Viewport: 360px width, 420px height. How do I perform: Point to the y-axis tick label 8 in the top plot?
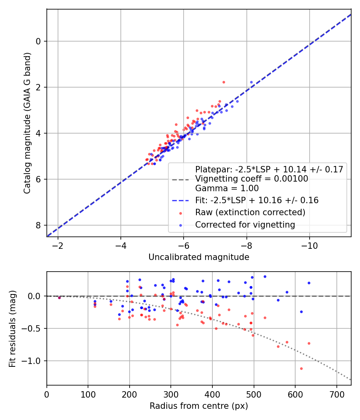[x=39, y=225]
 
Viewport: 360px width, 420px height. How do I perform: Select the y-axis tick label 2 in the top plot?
[x=39, y=87]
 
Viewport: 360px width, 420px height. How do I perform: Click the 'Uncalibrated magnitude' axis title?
[x=199, y=257]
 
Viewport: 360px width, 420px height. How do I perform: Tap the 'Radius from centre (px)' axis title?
[x=199, y=406]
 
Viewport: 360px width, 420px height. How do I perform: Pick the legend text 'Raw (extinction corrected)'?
[x=250, y=212]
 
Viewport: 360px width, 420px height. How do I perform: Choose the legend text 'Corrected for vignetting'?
[x=245, y=225]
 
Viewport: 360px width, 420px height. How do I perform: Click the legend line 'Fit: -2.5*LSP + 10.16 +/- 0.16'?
[x=182, y=200]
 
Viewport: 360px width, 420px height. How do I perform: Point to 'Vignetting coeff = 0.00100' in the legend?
[x=252, y=179]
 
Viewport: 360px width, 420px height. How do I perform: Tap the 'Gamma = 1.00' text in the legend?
[x=227, y=188]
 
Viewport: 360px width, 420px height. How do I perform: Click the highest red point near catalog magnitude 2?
[x=224, y=82]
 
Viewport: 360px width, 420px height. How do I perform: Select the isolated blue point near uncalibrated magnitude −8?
[x=251, y=82]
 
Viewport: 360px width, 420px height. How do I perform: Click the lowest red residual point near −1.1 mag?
[x=301, y=368]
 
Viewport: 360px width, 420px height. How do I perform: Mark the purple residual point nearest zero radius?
[x=59, y=298]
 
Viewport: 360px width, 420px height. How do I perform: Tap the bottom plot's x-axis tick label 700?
[x=336, y=394]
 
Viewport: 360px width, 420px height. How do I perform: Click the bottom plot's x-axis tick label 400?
[x=212, y=394]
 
